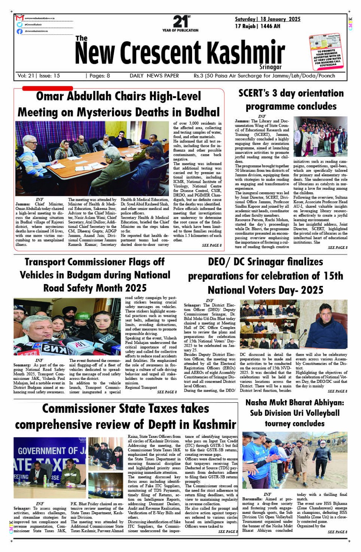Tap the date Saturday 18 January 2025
click(267, 19)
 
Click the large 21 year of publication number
click(180, 21)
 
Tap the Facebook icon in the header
click(20, 31)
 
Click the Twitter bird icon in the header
click(20, 24)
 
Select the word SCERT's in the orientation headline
click(254, 93)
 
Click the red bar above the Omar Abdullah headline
click(47, 89)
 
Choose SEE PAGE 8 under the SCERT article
click(338, 248)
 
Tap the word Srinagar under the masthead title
click(270, 67)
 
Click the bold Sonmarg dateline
click(22, 365)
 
